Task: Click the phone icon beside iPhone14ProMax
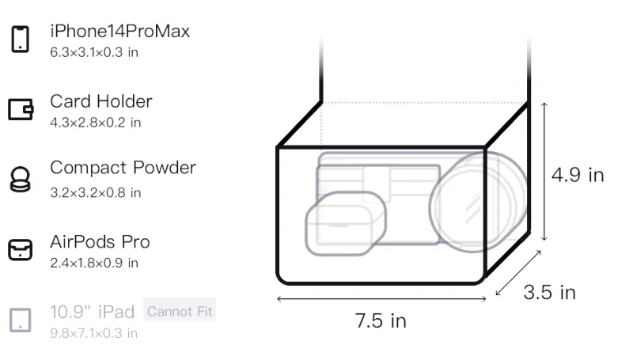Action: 21,39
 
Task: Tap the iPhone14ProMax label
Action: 120,31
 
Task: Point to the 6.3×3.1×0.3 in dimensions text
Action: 94,52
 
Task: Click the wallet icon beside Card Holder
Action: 21,109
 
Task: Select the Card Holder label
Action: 101,101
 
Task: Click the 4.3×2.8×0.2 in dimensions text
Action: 95,123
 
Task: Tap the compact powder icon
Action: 21,179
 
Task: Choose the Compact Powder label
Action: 123,168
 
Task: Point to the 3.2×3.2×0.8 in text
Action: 95,193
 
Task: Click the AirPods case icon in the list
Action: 21,250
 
